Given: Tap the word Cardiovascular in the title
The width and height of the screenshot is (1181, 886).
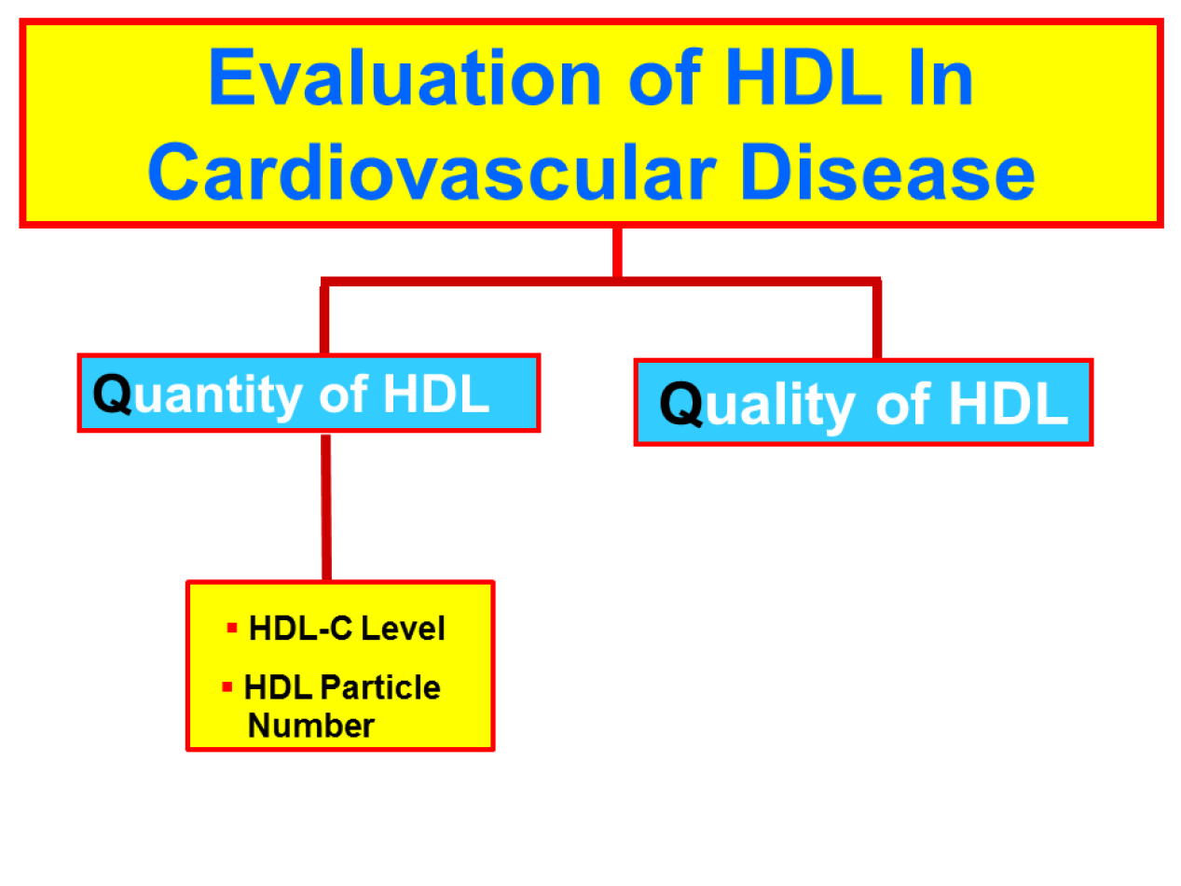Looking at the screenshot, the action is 433,173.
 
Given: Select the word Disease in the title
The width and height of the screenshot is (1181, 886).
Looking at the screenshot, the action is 886,173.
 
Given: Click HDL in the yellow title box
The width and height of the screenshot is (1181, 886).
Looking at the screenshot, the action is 803,77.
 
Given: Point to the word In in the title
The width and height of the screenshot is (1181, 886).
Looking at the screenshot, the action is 941,77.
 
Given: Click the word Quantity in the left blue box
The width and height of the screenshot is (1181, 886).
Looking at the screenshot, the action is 198,395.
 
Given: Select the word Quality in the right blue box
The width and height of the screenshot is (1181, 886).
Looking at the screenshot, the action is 757,405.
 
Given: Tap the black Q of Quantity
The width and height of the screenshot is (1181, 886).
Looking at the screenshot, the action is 113,394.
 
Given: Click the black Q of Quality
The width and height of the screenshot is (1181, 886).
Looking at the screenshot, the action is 681,404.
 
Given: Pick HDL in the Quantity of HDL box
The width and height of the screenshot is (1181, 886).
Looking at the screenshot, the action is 436,394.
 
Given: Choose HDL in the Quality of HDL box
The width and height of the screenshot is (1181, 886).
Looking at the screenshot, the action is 1008,404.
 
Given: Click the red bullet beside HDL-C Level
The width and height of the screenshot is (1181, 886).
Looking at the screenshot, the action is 232,628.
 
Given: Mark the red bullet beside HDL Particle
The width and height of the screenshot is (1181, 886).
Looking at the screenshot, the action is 227,686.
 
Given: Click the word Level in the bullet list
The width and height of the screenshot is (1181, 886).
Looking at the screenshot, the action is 403,629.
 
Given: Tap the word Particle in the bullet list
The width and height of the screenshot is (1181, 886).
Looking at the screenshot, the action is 380,687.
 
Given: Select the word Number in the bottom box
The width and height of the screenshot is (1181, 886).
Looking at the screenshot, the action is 311,726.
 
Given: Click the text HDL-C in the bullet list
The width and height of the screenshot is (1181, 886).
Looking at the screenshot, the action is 301,629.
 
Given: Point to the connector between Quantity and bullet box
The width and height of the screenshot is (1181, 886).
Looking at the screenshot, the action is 326,507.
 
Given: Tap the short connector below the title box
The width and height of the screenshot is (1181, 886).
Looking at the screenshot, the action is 618,253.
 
